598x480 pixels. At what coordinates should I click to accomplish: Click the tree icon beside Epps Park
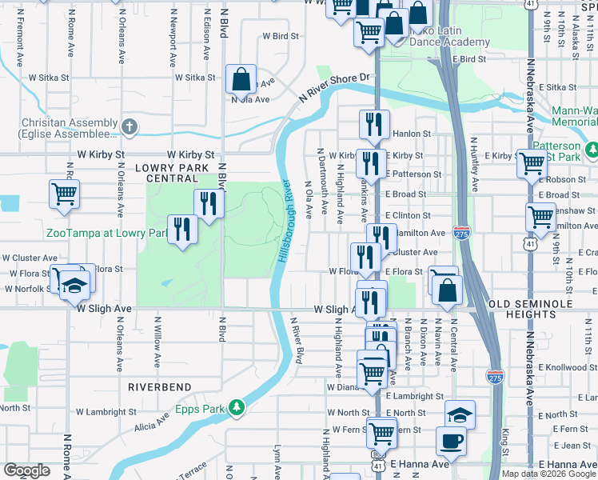(236, 408)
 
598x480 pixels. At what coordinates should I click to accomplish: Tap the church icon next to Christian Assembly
(130, 126)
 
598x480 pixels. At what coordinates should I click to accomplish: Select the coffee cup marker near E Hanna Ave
(451, 441)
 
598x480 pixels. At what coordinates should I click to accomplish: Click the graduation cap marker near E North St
(460, 414)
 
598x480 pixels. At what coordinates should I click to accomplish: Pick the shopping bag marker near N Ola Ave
(241, 79)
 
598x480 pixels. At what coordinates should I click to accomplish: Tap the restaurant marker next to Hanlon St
(374, 124)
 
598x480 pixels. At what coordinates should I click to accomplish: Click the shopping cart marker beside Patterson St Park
(531, 163)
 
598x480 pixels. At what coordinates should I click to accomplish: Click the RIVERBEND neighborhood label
(160, 386)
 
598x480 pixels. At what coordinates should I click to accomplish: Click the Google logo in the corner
(26, 470)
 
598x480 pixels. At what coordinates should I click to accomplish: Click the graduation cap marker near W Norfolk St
(74, 286)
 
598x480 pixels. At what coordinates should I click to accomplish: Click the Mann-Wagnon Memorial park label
(574, 119)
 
